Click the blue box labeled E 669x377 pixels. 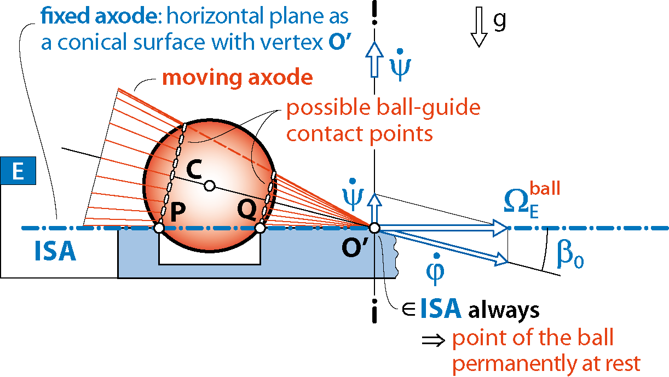(18, 171)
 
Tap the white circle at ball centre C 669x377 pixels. (210, 185)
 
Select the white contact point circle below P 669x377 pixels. (159, 228)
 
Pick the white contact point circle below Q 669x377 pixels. (260, 228)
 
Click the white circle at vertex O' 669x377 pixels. (374, 228)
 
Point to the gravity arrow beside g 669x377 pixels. (478, 27)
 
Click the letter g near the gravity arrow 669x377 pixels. (499, 21)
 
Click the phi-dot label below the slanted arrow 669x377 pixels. (435, 269)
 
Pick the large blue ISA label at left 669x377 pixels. (55, 251)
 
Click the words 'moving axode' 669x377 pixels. (238, 77)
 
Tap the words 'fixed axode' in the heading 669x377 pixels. (99, 15)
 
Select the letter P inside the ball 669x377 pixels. (178, 212)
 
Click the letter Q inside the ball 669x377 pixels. (247, 210)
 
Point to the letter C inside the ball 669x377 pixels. (194, 169)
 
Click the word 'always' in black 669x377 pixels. (504, 310)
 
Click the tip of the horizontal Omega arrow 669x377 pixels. (507, 228)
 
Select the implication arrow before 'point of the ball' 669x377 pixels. (434, 340)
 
